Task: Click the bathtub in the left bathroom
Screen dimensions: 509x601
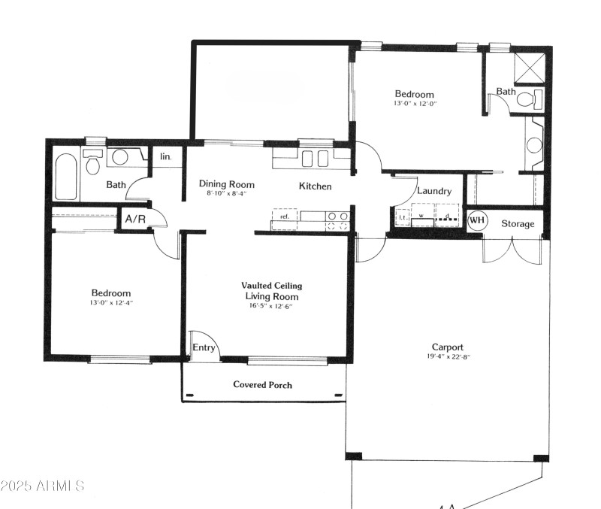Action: (x=66, y=177)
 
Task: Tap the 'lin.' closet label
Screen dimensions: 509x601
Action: (x=165, y=156)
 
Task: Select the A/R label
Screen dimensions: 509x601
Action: (x=135, y=220)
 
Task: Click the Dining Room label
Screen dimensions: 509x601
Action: (x=226, y=184)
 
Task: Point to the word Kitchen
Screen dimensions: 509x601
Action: (x=316, y=186)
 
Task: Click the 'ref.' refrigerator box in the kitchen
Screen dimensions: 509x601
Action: (x=284, y=217)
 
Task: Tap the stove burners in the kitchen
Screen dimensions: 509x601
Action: (x=337, y=220)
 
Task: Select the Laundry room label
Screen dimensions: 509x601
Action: (x=434, y=191)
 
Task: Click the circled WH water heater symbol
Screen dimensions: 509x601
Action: (x=476, y=221)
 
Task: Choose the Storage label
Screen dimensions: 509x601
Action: (x=518, y=223)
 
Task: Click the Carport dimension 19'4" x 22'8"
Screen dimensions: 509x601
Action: (x=447, y=357)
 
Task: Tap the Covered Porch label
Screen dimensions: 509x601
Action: (x=262, y=385)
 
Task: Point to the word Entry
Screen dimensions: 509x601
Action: (x=204, y=347)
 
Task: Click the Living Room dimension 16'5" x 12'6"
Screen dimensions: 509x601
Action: (x=271, y=306)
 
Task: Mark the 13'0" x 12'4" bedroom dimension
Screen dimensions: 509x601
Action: (x=111, y=303)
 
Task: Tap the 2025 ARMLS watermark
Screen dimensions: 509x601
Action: (x=43, y=486)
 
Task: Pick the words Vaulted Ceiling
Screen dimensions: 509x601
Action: (x=271, y=286)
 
